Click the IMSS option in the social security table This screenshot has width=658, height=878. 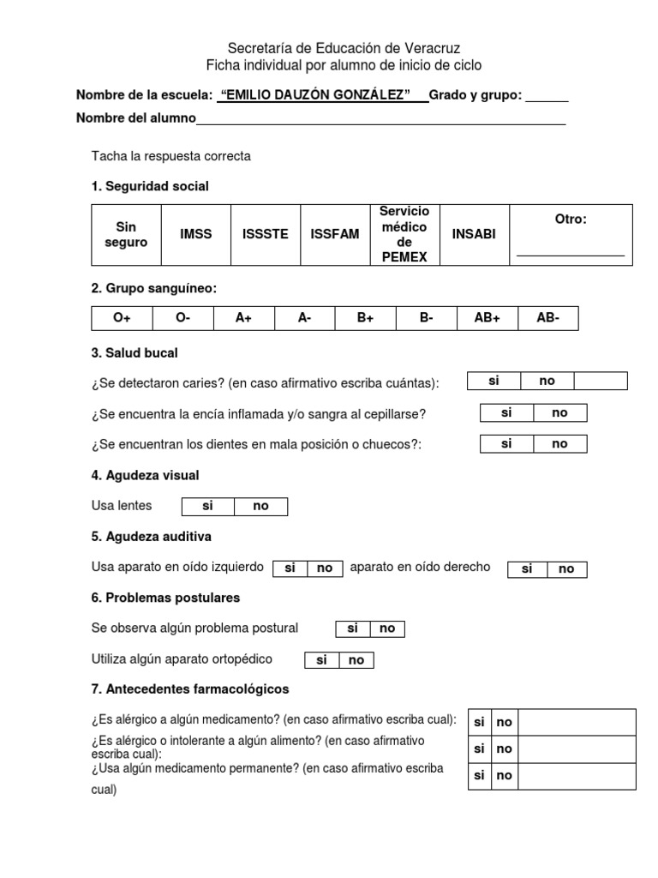coord(196,234)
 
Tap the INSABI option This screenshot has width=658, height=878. coord(474,234)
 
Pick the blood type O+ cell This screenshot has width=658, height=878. coord(122,318)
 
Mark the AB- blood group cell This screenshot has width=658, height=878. coord(547,318)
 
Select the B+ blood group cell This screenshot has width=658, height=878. coord(366,318)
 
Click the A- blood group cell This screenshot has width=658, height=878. coord(304,318)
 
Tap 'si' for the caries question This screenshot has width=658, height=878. coord(493,381)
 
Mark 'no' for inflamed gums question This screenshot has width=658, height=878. coord(559,412)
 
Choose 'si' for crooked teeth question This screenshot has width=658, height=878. coord(506,443)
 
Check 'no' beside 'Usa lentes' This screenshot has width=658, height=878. coord(260,506)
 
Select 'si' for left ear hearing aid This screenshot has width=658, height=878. coord(290,568)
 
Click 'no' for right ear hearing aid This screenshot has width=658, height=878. coord(566,568)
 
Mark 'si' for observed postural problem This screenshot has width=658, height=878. coord(352,628)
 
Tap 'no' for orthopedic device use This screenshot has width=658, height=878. coord(356,660)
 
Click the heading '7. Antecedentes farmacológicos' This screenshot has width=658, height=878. coord(189,689)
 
